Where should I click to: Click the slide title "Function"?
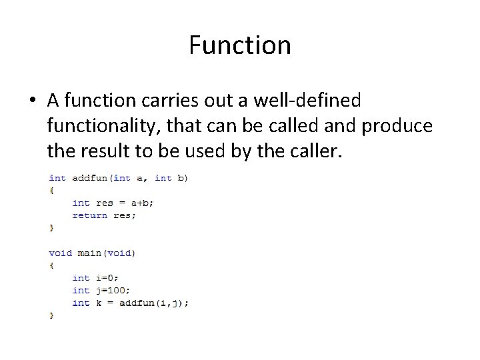[x=239, y=45]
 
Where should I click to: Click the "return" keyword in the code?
[x=89, y=215]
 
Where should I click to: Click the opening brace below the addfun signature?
[x=51, y=191]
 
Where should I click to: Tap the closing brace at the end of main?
[x=51, y=315]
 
